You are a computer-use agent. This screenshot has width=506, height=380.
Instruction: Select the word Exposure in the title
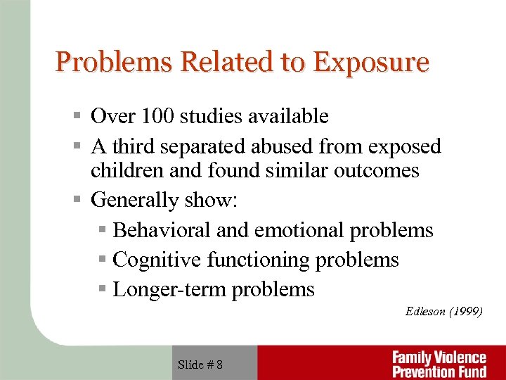(370, 63)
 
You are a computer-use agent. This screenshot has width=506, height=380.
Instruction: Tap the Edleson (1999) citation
(443, 312)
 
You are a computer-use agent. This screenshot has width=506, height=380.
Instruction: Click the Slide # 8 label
(200, 364)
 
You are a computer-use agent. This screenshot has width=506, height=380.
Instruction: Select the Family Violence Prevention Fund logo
(439, 364)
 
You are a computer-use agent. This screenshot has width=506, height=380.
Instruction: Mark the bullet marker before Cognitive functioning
(103, 260)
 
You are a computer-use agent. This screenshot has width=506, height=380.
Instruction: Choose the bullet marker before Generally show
(82, 201)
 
